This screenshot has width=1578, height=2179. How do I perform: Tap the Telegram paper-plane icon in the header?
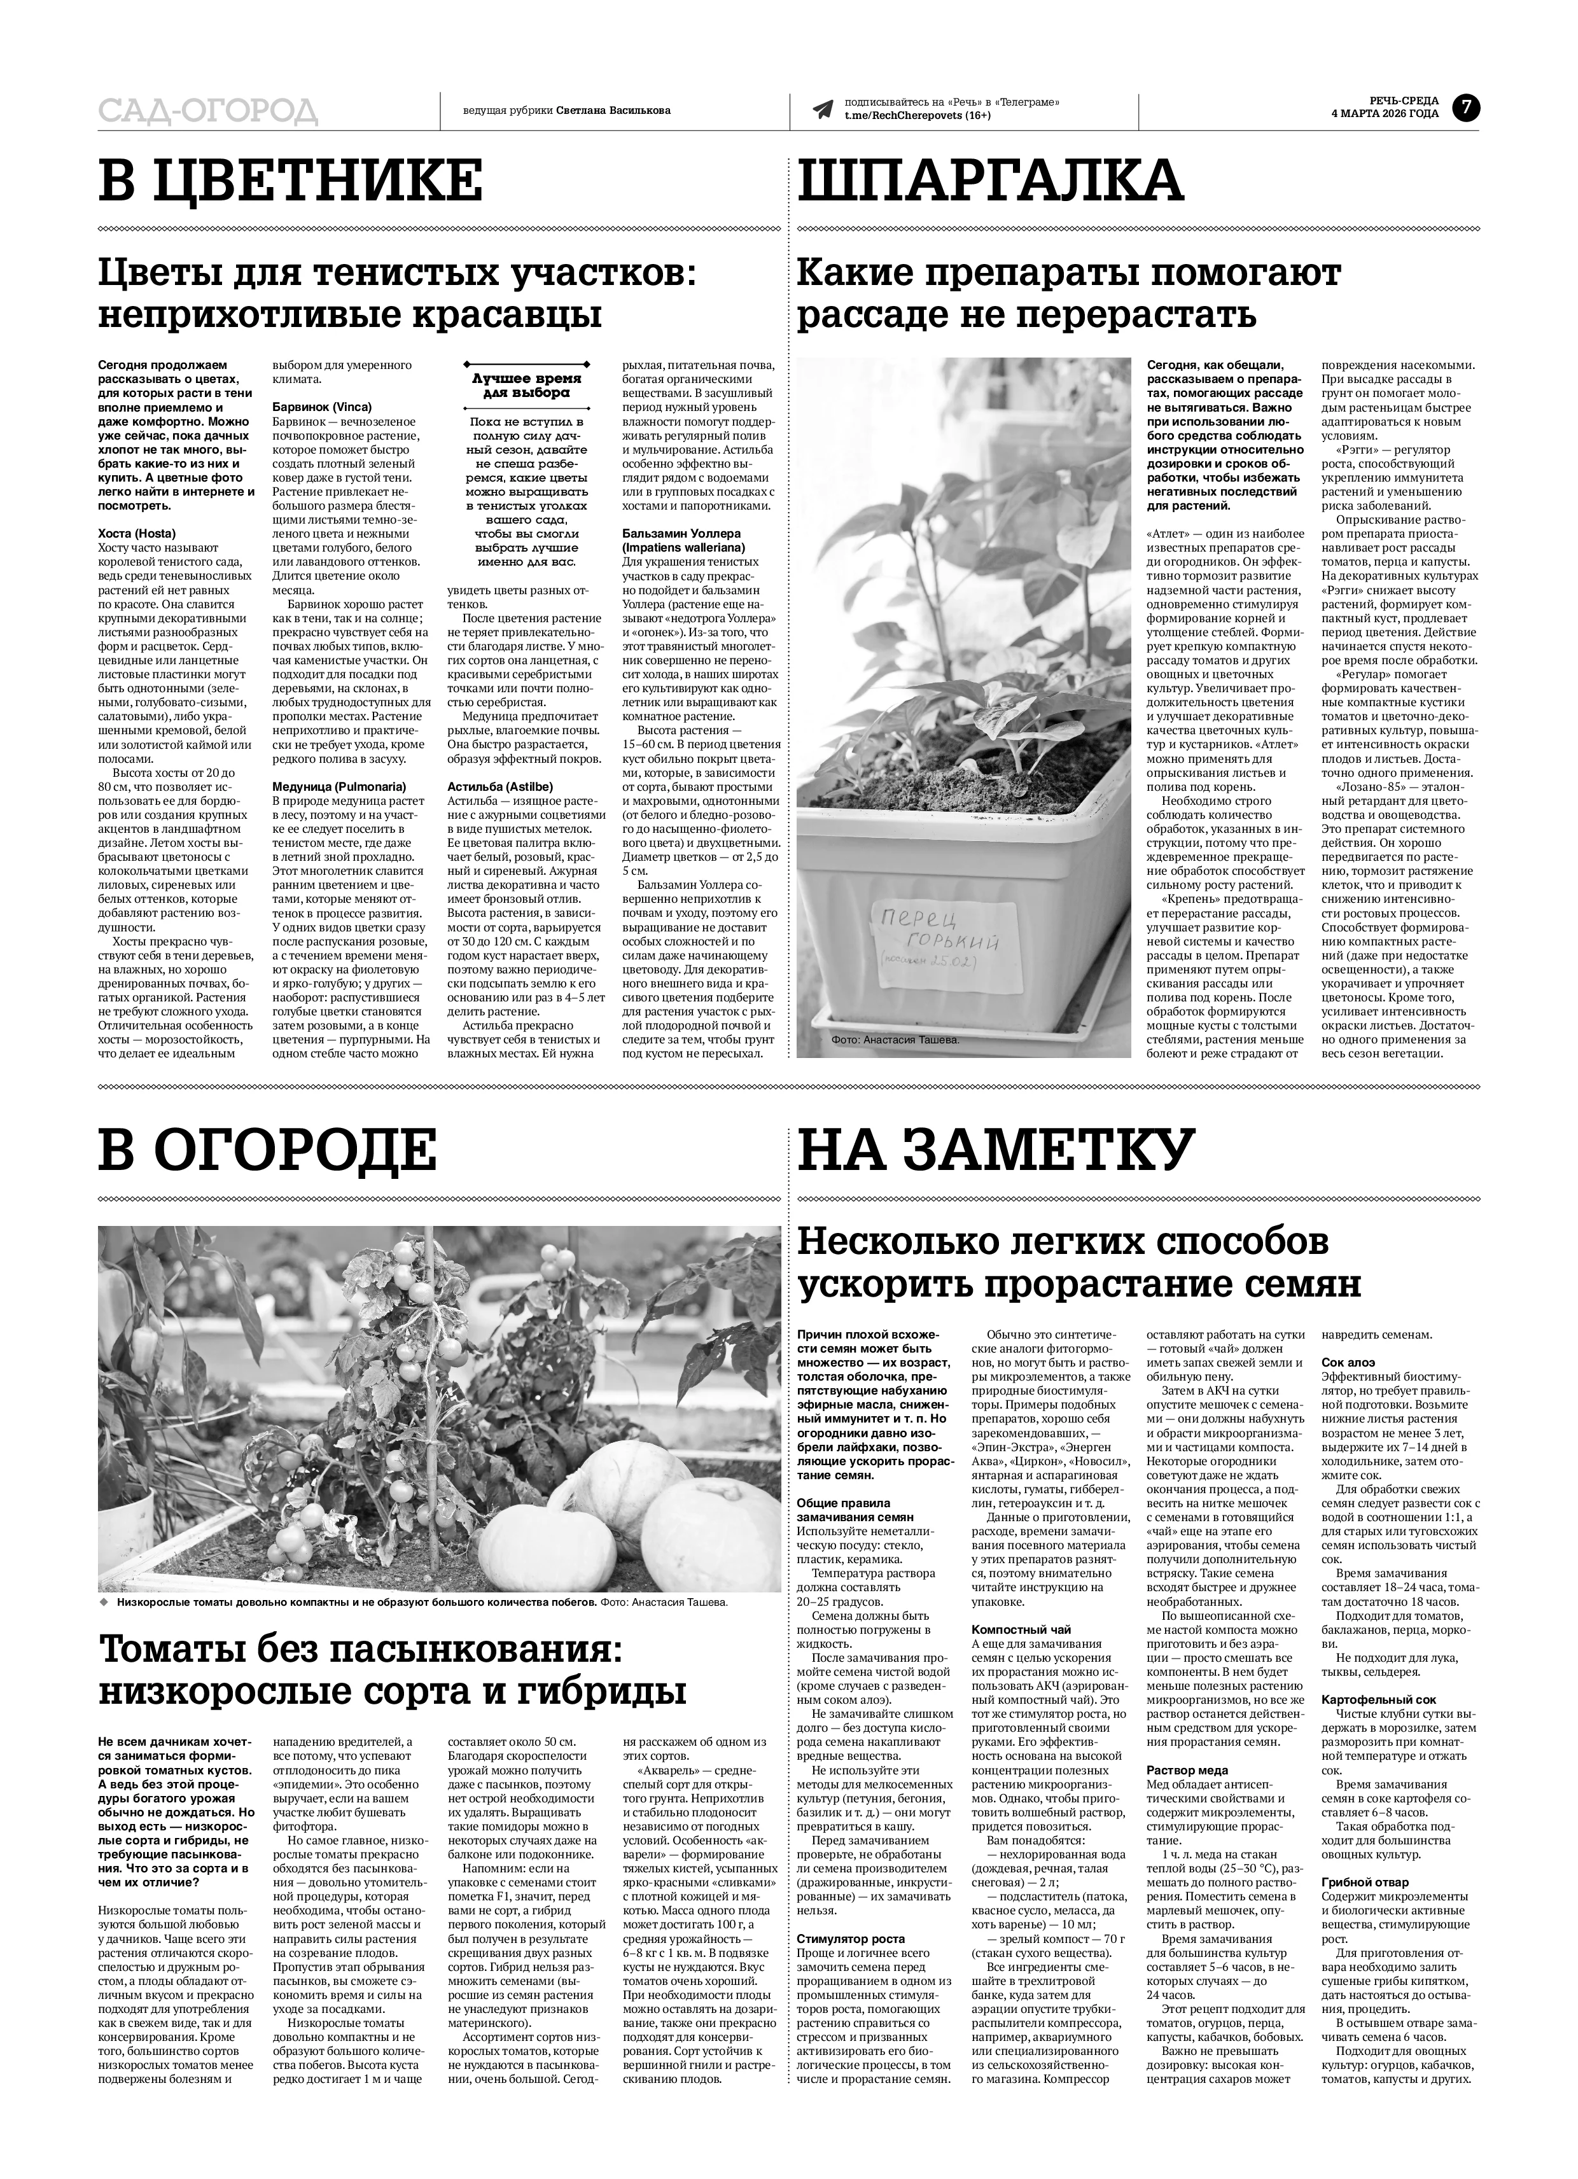821,109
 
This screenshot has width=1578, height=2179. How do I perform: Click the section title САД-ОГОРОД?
207,111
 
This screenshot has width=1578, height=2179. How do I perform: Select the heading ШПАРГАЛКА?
990,181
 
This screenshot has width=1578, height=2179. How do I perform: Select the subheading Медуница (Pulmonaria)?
339,786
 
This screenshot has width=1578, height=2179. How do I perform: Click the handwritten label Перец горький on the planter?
937,929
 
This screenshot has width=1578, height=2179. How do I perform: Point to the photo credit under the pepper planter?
896,1040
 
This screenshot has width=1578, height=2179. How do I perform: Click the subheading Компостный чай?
1021,1629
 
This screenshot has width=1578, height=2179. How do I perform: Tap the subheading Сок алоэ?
1348,1361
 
